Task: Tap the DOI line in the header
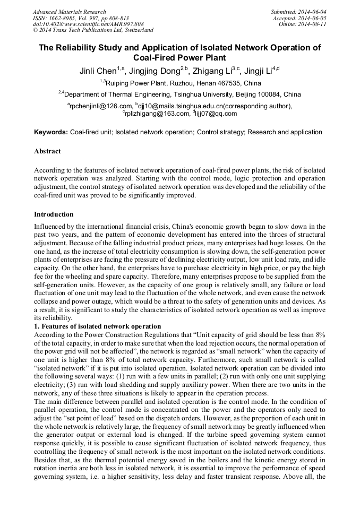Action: pos(88,24)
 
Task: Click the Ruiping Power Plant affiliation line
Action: pos(180,83)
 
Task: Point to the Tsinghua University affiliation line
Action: pos(180,94)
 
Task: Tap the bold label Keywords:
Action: pos(51,132)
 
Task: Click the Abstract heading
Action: pos(47,151)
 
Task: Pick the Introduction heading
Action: pos(54,214)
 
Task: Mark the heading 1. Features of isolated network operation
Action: pos(97,326)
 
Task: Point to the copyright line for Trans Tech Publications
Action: pos(93,30)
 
